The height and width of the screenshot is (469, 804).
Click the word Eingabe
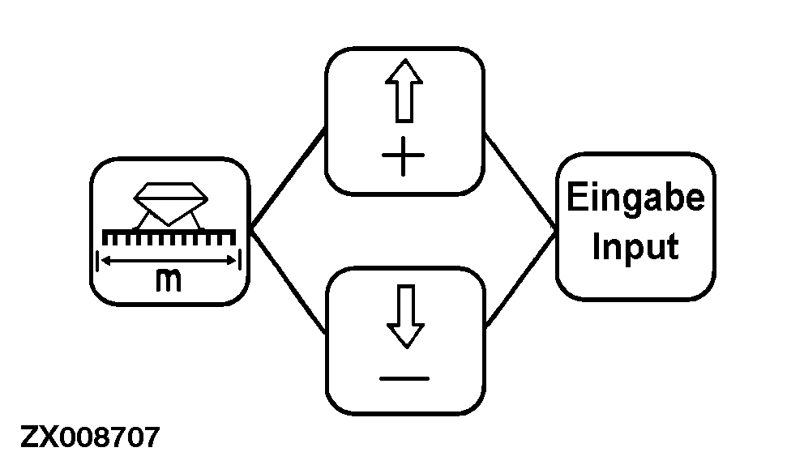pos(635,199)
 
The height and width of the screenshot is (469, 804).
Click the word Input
pos(635,247)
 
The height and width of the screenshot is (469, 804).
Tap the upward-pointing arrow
pos(404,94)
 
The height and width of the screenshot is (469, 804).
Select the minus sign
pos(404,377)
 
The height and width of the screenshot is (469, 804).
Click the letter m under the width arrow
pos(169,280)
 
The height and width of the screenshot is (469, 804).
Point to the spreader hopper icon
pos(170,201)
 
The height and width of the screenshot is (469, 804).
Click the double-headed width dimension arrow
pos(169,260)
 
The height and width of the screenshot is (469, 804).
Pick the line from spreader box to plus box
pos(288,181)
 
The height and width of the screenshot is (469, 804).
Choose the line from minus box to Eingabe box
pos(521,279)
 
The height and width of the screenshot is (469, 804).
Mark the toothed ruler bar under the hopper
pos(169,236)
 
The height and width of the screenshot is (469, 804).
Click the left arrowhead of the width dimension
pos(103,260)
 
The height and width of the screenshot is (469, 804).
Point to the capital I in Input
pos(597,245)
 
